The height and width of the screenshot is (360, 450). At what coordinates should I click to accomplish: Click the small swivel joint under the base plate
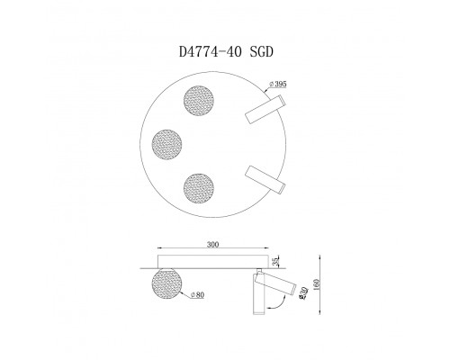(x=262, y=272)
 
